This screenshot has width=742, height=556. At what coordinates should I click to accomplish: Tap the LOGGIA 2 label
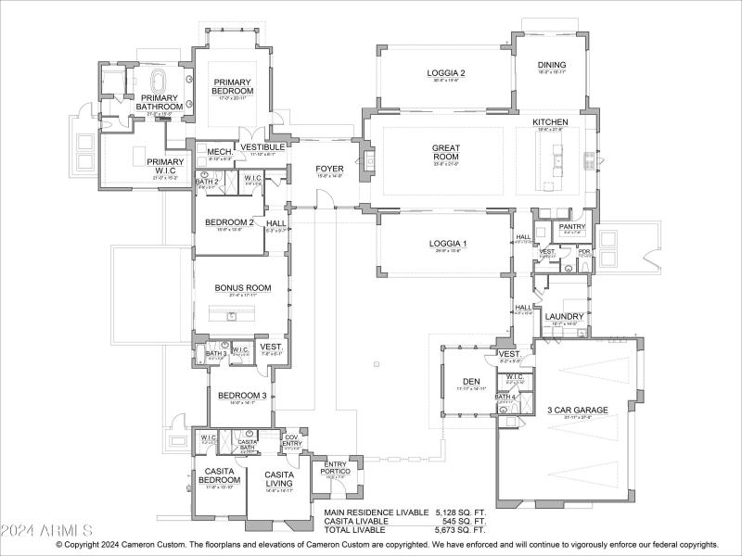446,72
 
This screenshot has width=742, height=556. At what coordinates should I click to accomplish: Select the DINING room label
551,65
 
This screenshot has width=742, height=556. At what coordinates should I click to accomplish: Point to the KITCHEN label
550,122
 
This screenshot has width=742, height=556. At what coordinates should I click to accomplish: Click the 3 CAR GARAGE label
577,410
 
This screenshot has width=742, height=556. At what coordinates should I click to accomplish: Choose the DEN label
470,381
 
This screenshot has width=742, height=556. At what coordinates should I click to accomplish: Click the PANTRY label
571,226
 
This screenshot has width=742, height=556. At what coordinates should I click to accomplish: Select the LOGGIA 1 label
446,244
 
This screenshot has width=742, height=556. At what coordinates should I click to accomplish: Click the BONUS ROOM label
243,288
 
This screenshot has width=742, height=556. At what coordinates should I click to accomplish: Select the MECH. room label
219,152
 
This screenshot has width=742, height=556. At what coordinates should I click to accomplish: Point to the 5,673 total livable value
460,530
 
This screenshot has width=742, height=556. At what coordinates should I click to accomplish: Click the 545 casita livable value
460,521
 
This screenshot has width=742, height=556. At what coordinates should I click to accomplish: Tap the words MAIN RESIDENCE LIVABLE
376,512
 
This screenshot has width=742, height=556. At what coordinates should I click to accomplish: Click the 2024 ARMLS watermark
46,530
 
